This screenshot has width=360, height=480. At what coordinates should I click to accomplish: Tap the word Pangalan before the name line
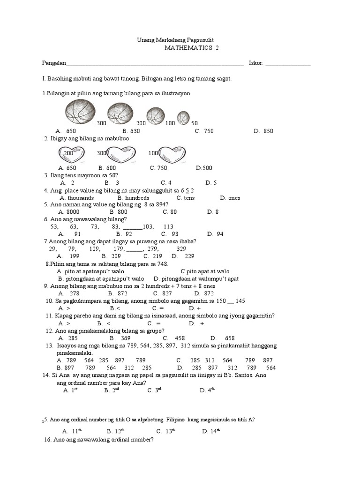[x=54, y=63]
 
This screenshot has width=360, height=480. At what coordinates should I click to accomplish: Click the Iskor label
[x=256, y=63]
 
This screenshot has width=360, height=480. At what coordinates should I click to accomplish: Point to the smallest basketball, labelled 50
[x=183, y=117]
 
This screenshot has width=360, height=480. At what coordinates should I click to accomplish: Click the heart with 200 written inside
[x=72, y=154]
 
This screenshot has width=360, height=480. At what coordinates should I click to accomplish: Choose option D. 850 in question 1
[x=263, y=131]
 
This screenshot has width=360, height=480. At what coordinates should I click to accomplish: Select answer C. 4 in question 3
[x=166, y=183]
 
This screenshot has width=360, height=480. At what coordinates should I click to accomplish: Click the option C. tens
[x=174, y=198]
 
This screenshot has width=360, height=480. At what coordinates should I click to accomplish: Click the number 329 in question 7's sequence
[x=181, y=249]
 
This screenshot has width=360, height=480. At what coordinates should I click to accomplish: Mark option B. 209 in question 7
[x=111, y=256]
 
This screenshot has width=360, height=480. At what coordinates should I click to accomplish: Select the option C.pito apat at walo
[x=205, y=271]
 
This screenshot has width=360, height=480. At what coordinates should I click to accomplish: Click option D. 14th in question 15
[x=211, y=431]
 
